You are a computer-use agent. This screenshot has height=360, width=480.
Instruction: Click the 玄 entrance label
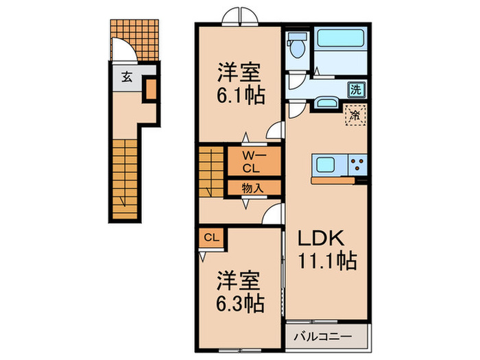pyautogui.click(x=127, y=76)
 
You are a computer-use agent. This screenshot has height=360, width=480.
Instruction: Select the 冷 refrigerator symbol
pyautogui.click(x=355, y=116)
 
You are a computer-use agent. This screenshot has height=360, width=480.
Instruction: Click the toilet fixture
pyautogui.click(x=298, y=48)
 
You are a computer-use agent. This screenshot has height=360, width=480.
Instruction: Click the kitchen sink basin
pyautogui.click(x=324, y=165)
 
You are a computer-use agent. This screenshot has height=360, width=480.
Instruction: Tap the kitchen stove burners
pyautogui.click(x=357, y=165)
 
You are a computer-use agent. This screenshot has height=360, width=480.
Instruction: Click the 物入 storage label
pyautogui.click(x=252, y=187)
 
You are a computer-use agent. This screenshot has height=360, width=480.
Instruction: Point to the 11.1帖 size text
pyautogui.click(x=326, y=261)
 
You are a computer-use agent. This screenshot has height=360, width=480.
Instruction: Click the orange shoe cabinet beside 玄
pyautogui.click(x=150, y=91)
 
